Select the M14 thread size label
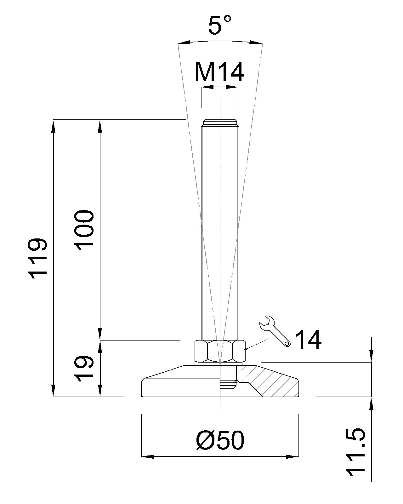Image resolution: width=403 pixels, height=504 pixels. click(x=219, y=72)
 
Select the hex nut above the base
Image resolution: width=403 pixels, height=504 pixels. click(x=220, y=351)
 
